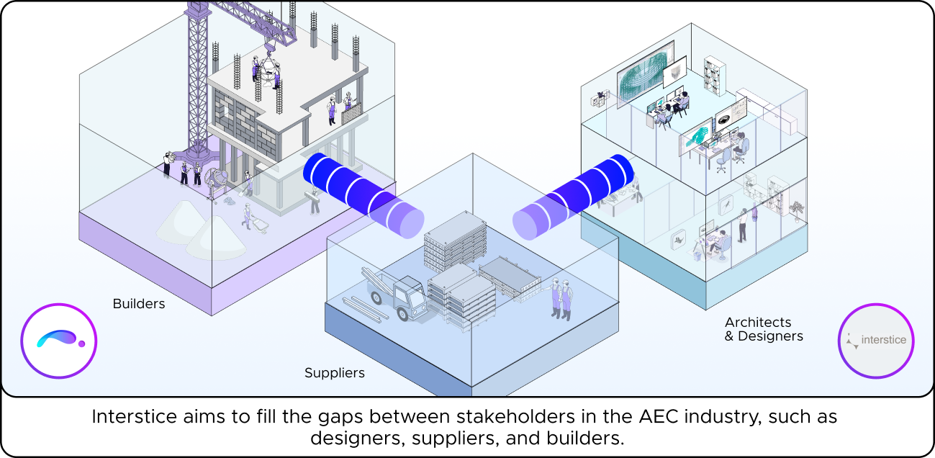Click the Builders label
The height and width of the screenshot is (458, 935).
[x=139, y=304]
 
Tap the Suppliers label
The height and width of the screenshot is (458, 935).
[x=334, y=373]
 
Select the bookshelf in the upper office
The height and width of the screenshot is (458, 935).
[x=714, y=76]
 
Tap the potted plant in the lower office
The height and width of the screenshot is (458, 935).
[x=795, y=208]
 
